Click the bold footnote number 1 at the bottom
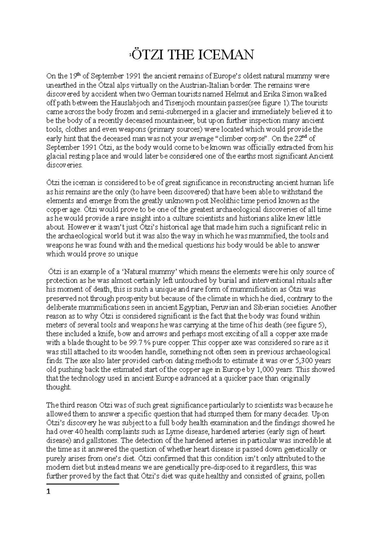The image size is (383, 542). point(49,492)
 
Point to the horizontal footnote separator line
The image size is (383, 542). point(82,484)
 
